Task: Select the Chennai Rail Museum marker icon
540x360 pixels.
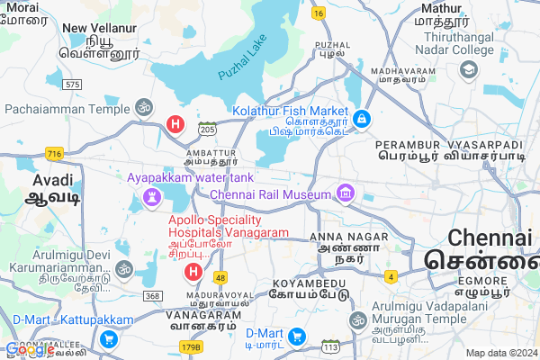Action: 344,192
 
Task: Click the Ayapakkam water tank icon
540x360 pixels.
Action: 151,193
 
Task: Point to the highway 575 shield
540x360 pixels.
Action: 73,84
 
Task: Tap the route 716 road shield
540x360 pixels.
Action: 55,154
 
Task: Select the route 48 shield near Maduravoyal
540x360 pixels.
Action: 220,278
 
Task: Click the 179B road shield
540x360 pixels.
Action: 191,346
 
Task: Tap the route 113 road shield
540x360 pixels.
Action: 331,346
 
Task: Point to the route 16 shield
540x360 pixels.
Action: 319,13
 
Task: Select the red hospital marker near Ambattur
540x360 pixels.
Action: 177,123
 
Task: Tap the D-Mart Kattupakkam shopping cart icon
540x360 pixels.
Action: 109,338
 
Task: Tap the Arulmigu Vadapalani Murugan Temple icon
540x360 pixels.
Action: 358,320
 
